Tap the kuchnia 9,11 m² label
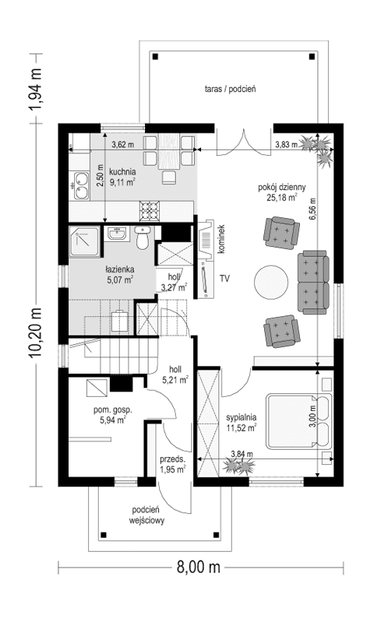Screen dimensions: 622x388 (x=122, y=177)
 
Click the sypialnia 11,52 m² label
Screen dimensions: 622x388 (x=242, y=422)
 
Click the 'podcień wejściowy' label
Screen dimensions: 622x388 (x=146, y=515)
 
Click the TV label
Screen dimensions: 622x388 (x=224, y=278)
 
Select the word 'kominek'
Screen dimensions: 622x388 (x=221, y=237)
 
